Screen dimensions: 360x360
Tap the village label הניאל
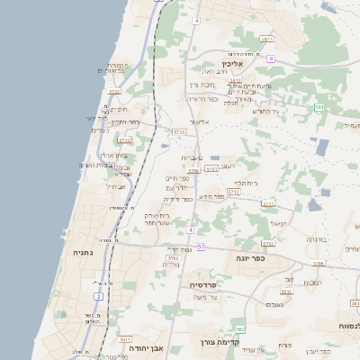(x=278, y=224)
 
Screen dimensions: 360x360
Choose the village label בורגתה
(x=316, y=239)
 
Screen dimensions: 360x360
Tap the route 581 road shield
(x=319, y=107)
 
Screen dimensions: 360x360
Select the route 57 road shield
(x=202, y=247)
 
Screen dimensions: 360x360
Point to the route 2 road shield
(x=98, y=295)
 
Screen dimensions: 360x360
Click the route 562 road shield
(x=240, y=329)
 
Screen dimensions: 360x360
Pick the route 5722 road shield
(x=115, y=92)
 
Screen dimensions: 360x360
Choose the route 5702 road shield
(x=172, y=258)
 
